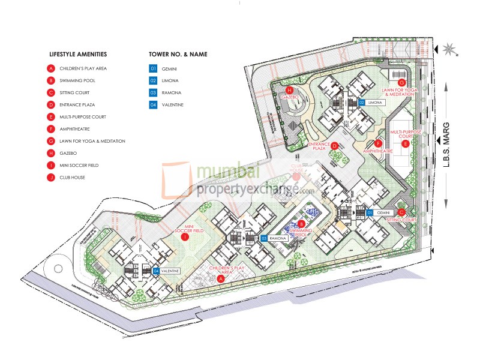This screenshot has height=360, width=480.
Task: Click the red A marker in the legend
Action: point(52,68)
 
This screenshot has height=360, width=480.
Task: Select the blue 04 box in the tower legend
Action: point(153,105)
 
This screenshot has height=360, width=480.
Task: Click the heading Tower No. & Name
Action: point(178,54)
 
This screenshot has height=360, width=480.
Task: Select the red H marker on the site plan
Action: point(289,90)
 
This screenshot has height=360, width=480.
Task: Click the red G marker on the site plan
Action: point(402,82)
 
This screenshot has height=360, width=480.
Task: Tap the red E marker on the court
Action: point(406,144)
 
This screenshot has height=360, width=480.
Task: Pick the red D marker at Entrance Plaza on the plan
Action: point(335,145)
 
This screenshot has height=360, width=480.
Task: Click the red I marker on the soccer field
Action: point(185,237)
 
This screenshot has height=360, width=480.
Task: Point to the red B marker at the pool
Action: point(302,224)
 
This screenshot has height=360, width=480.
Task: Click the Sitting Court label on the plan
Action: point(401,220)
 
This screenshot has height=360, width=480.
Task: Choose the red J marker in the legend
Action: point(52,178)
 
